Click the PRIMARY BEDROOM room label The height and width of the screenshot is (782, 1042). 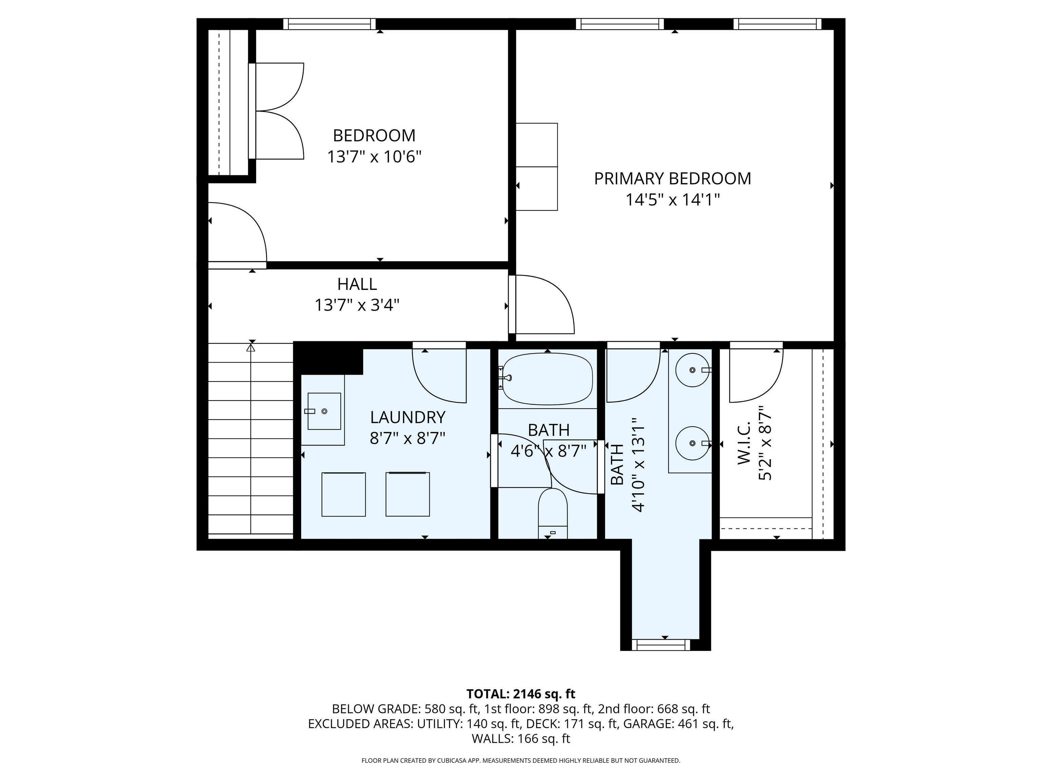(x=672, y=179)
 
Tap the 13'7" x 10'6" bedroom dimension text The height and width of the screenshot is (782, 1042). (x=374, y=156)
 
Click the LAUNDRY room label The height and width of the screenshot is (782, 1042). (x=407, y=417)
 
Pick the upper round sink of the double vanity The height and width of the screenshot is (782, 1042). (x=692, y=370)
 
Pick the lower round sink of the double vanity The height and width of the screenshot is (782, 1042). (x=692, y=443)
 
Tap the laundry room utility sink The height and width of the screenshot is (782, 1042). (x=324, y=411)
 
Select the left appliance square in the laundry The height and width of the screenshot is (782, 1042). (x=343, y=495)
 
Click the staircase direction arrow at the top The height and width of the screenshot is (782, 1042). (x=251, y=348)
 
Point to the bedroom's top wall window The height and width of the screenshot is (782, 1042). (x=329, y=23)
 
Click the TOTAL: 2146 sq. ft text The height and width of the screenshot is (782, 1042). (x=521, y=694)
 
